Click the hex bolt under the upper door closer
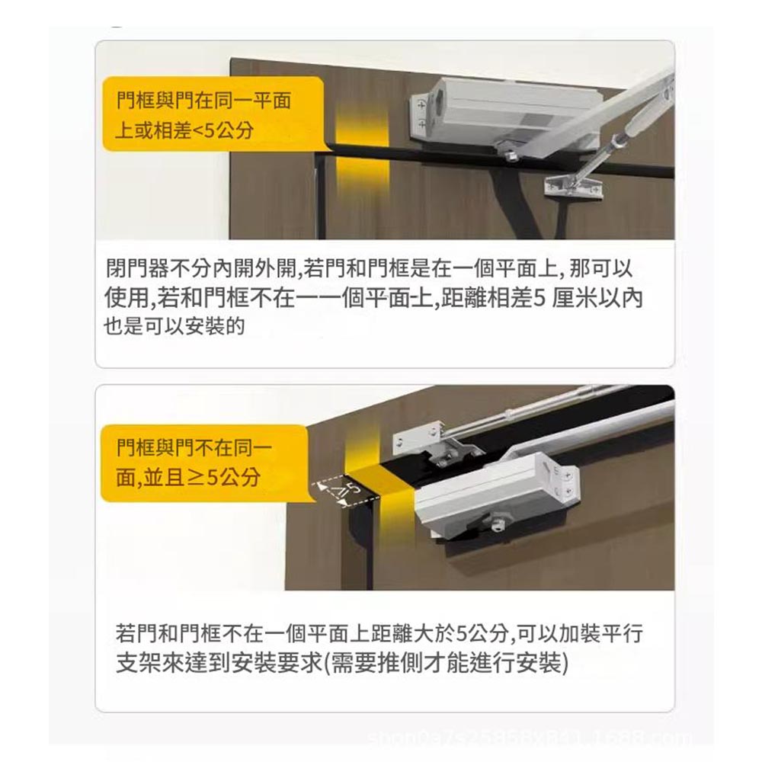pyautogui.click(x=509, y=155)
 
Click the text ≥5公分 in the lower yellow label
pyautogui.click(x=224, y=477)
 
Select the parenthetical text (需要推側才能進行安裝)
pyautogui.click(x=446, y=662)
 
